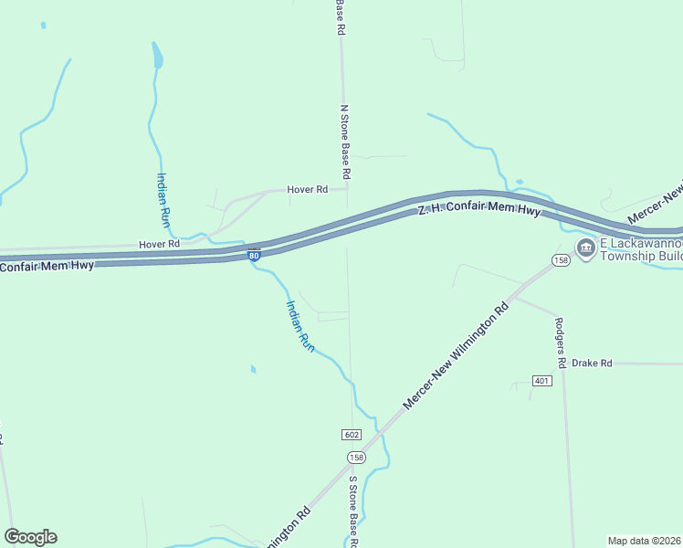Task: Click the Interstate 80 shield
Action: (254, 256)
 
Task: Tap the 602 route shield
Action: (353, 434)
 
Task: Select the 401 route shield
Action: (541, 381)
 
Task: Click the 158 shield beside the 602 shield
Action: (356, 457)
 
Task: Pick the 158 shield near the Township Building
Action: (561, 261)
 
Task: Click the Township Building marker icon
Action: (584, 248)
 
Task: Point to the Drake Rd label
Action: (591, 363)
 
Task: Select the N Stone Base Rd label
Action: (345, 142)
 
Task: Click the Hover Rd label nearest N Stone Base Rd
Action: (307, 190)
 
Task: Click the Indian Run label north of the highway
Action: (164, 200)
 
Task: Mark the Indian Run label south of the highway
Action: (300, 326)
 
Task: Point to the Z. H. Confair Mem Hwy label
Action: (479, 211)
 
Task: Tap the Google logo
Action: (30, 537)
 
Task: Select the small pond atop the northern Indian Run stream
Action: (158, 58)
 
